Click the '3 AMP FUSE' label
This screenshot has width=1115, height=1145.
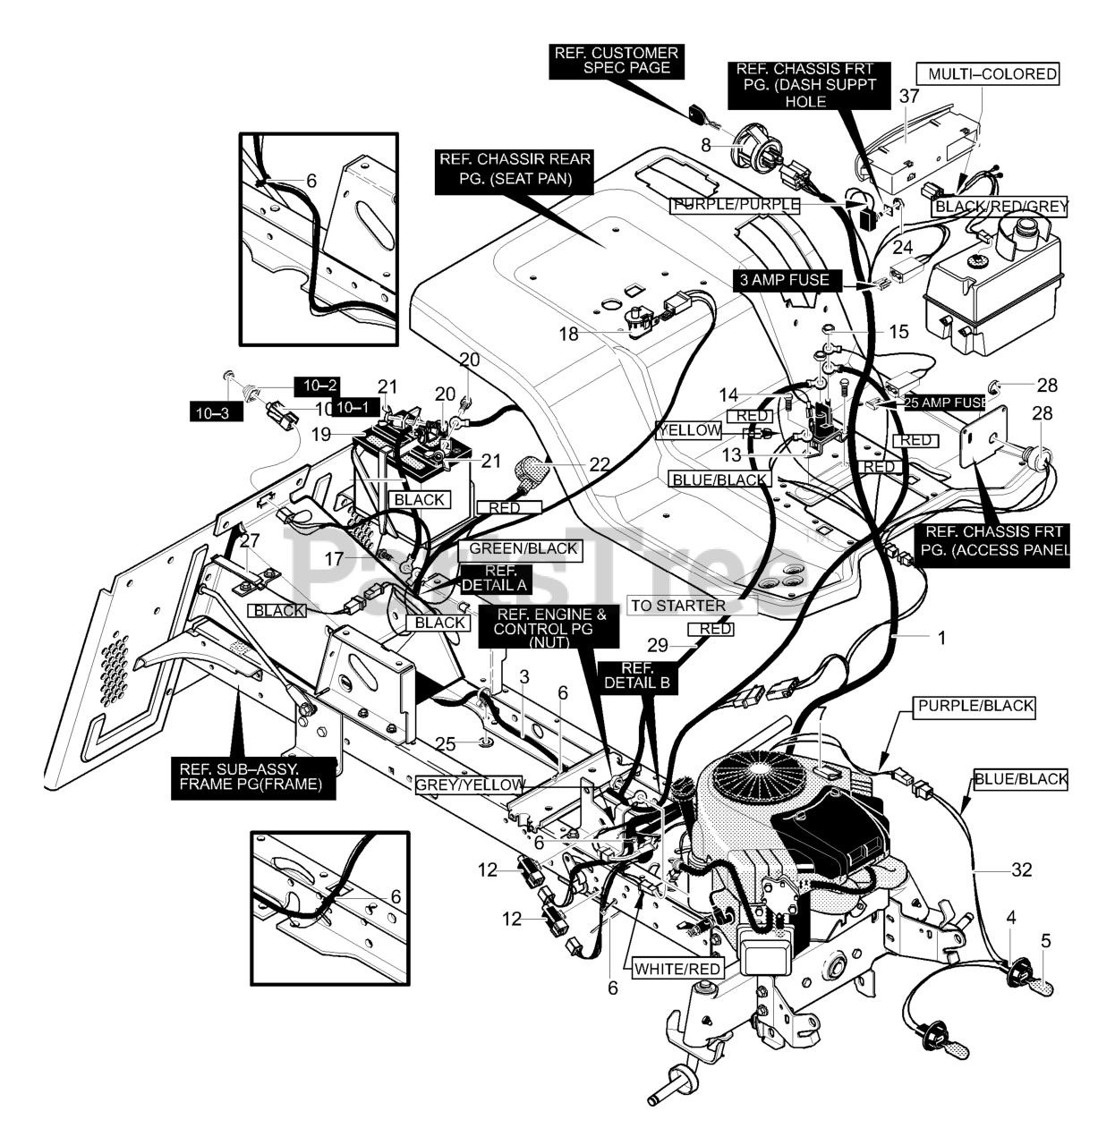(784, 281)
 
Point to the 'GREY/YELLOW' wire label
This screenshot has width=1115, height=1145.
(469, 785)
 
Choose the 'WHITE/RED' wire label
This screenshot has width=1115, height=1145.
(677, 968)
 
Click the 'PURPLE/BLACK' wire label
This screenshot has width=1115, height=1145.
(975, 706)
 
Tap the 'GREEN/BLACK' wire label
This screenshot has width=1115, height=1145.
(519, 548)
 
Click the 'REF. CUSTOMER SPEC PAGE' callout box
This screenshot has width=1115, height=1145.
(617, 61)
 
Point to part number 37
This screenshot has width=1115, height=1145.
(909, 97)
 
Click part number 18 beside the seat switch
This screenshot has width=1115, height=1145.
(569, 335)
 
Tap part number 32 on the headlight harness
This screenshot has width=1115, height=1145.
(1021, 869)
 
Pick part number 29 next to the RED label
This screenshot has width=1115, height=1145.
(658, 645)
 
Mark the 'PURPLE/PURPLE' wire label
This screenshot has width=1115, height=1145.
(734, 205)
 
